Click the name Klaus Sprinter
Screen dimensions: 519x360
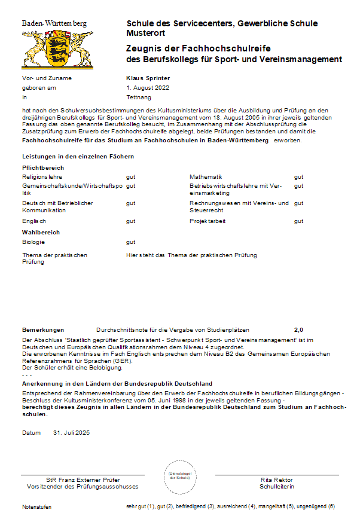coord(148,78)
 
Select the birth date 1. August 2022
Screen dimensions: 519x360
coord(148,87)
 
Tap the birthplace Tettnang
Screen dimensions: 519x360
coord(139,97)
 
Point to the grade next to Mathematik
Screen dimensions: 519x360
coord(298,177)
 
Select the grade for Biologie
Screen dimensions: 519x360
coord(130,242)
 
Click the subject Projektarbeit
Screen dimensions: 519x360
coord(208,221)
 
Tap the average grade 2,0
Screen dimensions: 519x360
coord(298,329)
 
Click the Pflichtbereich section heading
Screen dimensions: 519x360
coord(43,168)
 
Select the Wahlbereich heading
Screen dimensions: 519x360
coord(41,232)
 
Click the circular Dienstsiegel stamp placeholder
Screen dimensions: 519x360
coord(179,477)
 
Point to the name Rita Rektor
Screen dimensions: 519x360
coord(276,480)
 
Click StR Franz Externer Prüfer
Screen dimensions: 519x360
coord(83,480)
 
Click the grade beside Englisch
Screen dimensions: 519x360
coord(130,221)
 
